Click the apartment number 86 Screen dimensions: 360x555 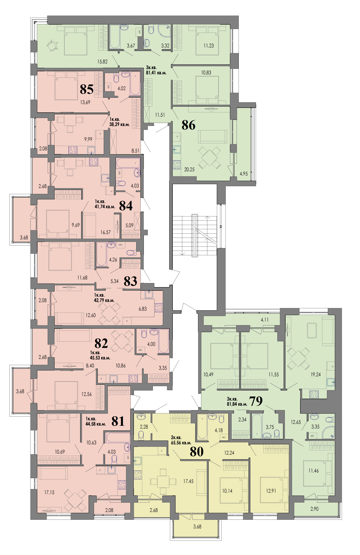(x=188, y=125)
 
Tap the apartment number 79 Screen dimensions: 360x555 (x=256, y=401)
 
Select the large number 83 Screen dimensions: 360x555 (x=130, y=281)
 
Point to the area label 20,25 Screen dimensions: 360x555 (x=189, y=169)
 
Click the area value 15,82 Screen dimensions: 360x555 (x=102, y=62)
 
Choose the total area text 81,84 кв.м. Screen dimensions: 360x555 (x=237, y=404)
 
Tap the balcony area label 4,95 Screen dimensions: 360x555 (x=244, y=174)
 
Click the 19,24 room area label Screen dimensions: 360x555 (x=316, y=374)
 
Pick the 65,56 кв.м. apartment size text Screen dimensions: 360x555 (x=181, y=443)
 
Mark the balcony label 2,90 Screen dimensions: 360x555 (x=315, y=509)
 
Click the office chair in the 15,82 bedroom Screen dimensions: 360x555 (x=52, y=46)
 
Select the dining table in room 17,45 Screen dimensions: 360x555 (x=163, y=481)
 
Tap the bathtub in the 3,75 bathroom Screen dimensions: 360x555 (x=257, y=426)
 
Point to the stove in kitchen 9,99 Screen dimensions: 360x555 (x=73, y=150)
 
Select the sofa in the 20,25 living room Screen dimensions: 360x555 (x=212, y=137)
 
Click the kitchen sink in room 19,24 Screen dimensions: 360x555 (x=331, y=382)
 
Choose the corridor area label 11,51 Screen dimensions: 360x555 (x=160, y=115)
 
